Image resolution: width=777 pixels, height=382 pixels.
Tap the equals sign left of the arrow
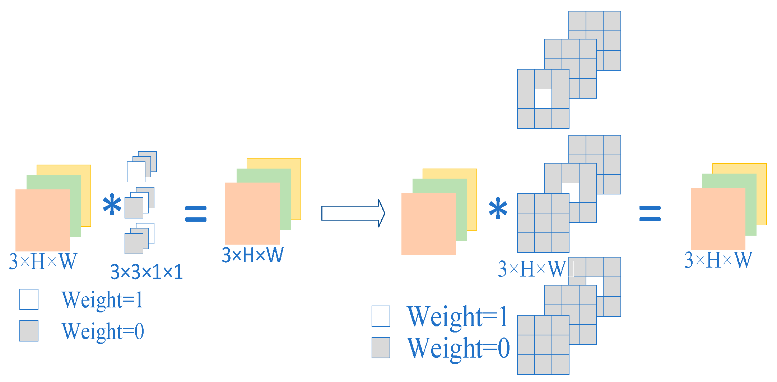[x=196, y=214]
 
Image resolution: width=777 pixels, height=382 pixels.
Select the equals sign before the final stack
[x=650, y=214]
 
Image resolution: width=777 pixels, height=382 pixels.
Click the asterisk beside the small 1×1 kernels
[x=112, y=205]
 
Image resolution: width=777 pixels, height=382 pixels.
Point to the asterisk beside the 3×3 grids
[x=498, y=209]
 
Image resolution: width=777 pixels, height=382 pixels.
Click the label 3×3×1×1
[x=146, y=272]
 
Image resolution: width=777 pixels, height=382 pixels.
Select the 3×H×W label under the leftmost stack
[x=43, y=261]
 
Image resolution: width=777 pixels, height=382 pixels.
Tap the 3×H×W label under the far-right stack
[x=718, y=260]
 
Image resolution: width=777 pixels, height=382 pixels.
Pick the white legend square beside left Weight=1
[x=29, y=299]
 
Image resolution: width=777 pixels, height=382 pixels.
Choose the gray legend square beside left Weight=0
[x=29, y=331]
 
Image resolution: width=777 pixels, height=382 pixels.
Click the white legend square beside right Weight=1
[x=381, y=316]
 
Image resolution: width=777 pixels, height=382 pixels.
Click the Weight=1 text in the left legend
[x=102, y=300]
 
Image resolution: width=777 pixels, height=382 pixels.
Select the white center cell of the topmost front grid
[x=543, y=99]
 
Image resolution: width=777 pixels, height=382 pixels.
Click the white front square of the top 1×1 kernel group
[x=136, y=172]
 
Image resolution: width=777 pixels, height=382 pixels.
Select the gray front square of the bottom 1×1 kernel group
[x=134, y=244]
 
